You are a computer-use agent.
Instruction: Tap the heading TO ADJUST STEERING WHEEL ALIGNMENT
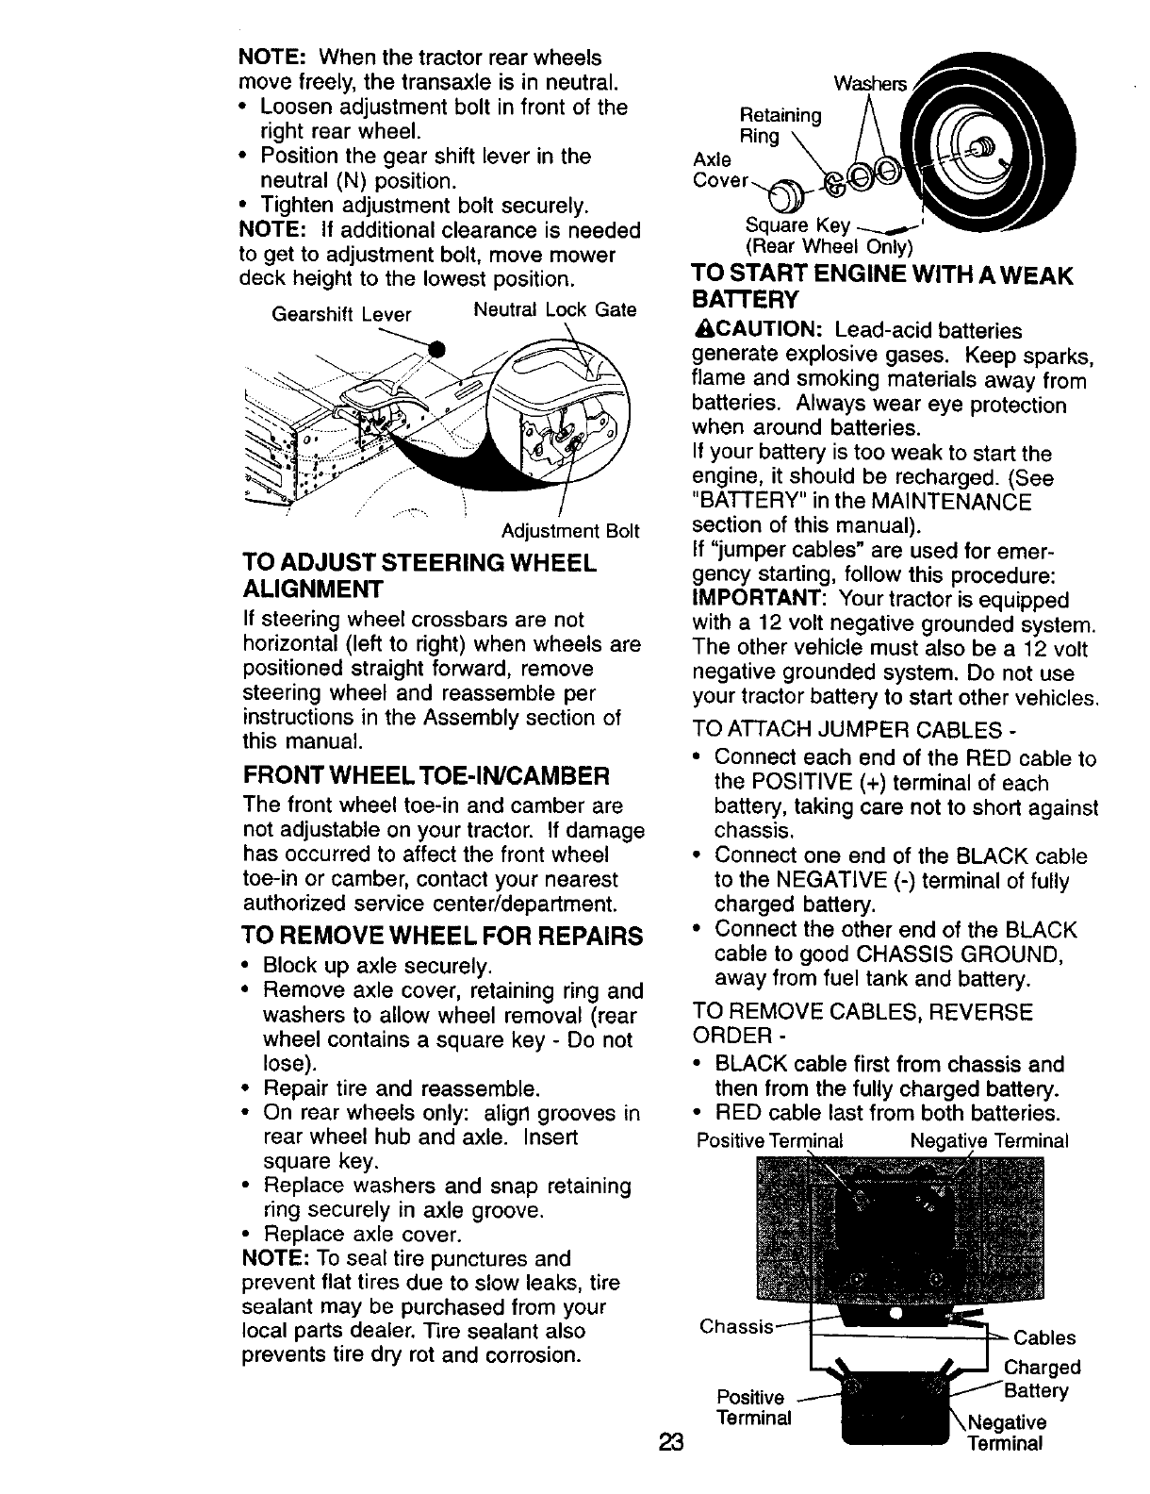click(419, 575)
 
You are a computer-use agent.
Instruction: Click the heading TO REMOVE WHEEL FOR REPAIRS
click(442, 936)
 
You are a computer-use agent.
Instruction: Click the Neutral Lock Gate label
click(554, 309)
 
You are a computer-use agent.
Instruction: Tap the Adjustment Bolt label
click(570, 531)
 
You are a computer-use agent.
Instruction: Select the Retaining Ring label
click(781, 126)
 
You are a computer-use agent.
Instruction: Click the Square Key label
click(797, 226)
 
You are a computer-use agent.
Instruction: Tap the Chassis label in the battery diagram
click(736, 1326)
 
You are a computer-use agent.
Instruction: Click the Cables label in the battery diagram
click(1043, 1337)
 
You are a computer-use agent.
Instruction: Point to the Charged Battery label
click(1042, 1379)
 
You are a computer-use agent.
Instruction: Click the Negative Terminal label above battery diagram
click(989, 1140)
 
